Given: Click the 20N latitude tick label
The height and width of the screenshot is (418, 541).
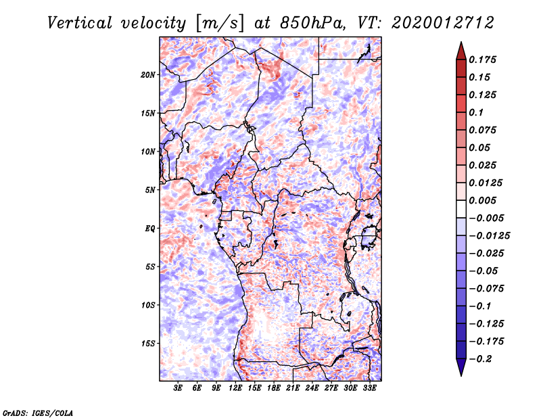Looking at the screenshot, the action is tap(148, 75).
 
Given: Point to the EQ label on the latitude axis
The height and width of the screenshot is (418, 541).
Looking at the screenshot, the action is tap(150, 229).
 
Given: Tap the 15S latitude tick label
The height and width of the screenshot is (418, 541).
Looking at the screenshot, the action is tap(148, 344).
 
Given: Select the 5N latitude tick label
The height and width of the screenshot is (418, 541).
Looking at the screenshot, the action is tap(150, 190).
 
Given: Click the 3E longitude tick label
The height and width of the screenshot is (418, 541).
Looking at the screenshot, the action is tap(178, 388).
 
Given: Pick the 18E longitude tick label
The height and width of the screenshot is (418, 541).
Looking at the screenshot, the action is tap(274, 388).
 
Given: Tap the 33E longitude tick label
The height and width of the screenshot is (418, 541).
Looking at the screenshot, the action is tap(369, 388).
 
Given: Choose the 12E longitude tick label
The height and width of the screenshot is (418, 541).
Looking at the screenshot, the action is tap(235, 388).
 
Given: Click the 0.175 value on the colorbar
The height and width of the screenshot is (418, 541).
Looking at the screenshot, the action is tap(482, 60).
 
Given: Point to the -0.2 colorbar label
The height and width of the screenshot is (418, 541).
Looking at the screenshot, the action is tap(480, 359).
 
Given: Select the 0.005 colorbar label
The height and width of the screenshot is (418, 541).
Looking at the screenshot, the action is tap(482, 200).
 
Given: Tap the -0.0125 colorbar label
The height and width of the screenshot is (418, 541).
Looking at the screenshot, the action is tap(489, 236).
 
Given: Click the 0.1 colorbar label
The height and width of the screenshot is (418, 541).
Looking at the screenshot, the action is tap(476, 112).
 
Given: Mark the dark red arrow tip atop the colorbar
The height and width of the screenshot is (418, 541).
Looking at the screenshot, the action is tap(461, 42).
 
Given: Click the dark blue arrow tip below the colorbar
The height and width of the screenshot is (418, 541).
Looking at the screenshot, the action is tap(461, 375).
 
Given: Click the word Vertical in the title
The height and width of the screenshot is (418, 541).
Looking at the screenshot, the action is tap(80, 23).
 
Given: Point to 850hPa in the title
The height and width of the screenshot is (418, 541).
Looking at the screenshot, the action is tap(312, 23).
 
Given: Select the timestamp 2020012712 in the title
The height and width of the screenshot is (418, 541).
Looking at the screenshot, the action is tap(443, 23).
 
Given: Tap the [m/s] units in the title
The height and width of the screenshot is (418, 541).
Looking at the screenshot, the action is tap(220, 24).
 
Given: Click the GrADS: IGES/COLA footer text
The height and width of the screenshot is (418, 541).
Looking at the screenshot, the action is tap(38, 413).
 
